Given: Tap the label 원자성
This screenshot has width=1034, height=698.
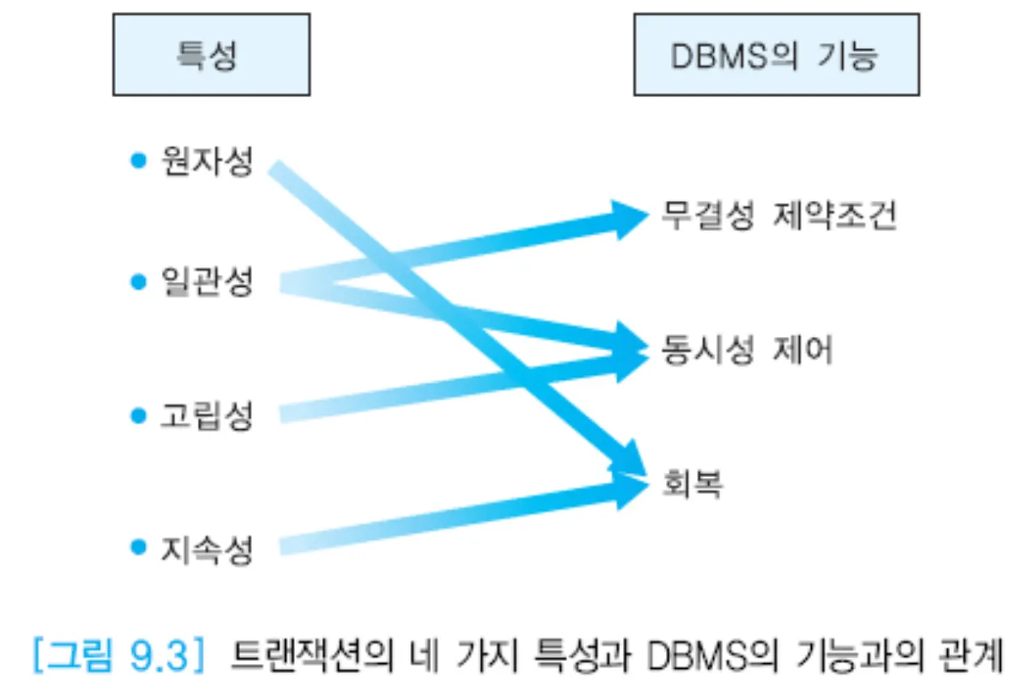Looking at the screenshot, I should (207, 163).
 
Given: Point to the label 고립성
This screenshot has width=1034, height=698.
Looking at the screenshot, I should (207, 416).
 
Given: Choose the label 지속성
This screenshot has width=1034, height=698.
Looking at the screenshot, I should (207, 550).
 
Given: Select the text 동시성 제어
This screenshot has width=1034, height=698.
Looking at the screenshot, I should (746, 351).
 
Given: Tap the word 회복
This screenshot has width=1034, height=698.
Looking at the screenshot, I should (691, 484).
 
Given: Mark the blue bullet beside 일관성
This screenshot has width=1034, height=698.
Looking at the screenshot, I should (139, 283).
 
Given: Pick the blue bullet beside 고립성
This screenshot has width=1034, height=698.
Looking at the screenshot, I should (139, 415).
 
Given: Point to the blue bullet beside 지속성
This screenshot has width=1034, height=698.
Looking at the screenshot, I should (139, 549).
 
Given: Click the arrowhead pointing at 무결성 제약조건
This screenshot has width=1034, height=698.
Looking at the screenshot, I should (627, 219).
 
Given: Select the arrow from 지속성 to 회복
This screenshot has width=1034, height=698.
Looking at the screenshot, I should (454, 519).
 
